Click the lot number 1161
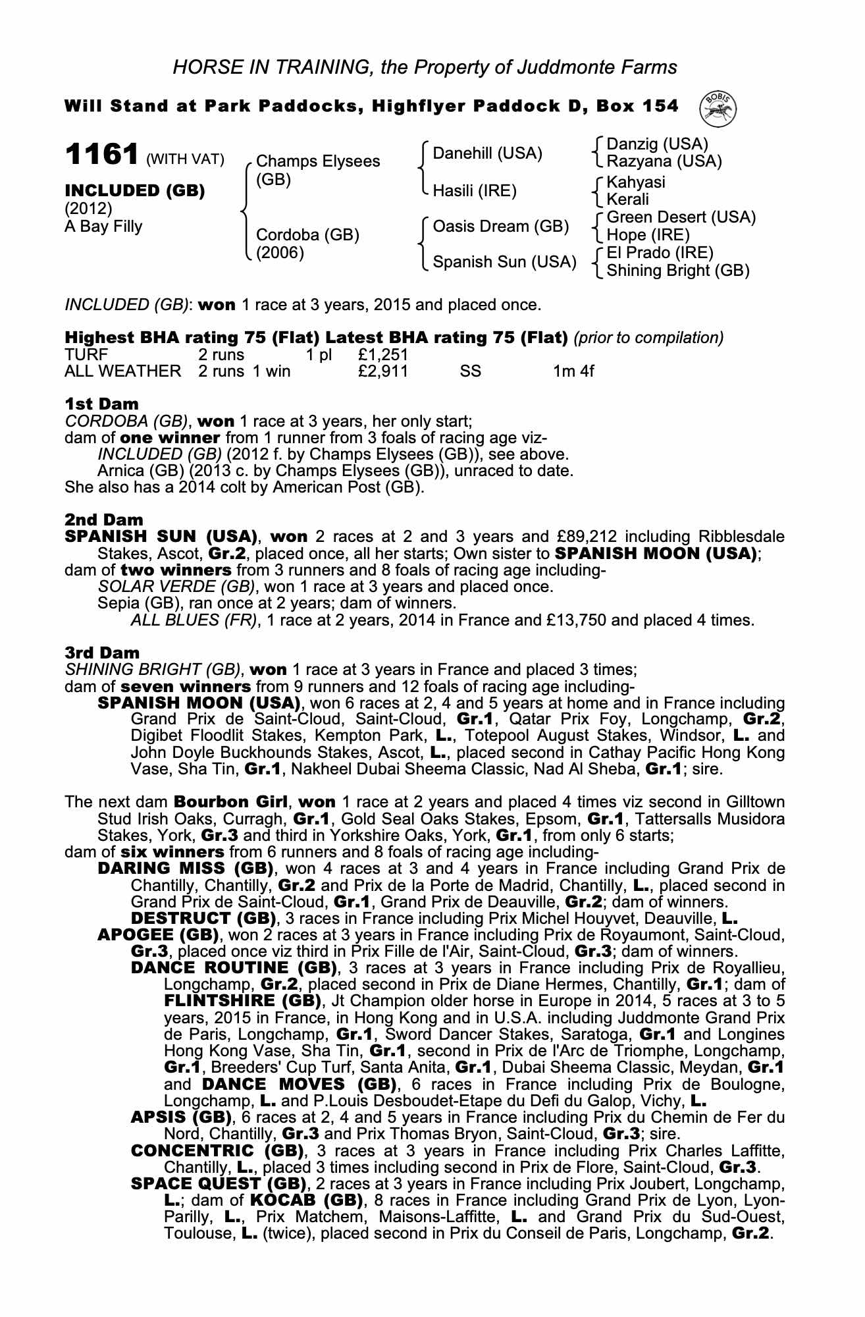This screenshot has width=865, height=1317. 101,155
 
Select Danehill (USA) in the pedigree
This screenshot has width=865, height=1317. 487,154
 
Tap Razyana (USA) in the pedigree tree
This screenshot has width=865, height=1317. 664,161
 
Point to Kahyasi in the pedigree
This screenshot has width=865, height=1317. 635,182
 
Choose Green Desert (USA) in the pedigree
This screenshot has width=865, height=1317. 681,218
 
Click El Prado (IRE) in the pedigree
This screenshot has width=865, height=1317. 660,253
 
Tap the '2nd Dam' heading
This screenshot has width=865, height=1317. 103,520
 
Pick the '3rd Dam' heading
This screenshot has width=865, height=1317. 102,653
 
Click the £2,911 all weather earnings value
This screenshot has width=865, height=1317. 384,371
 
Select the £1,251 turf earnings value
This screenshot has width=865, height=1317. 384,355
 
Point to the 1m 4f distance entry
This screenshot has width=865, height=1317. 573,371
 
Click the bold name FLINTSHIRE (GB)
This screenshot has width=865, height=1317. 242,1002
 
